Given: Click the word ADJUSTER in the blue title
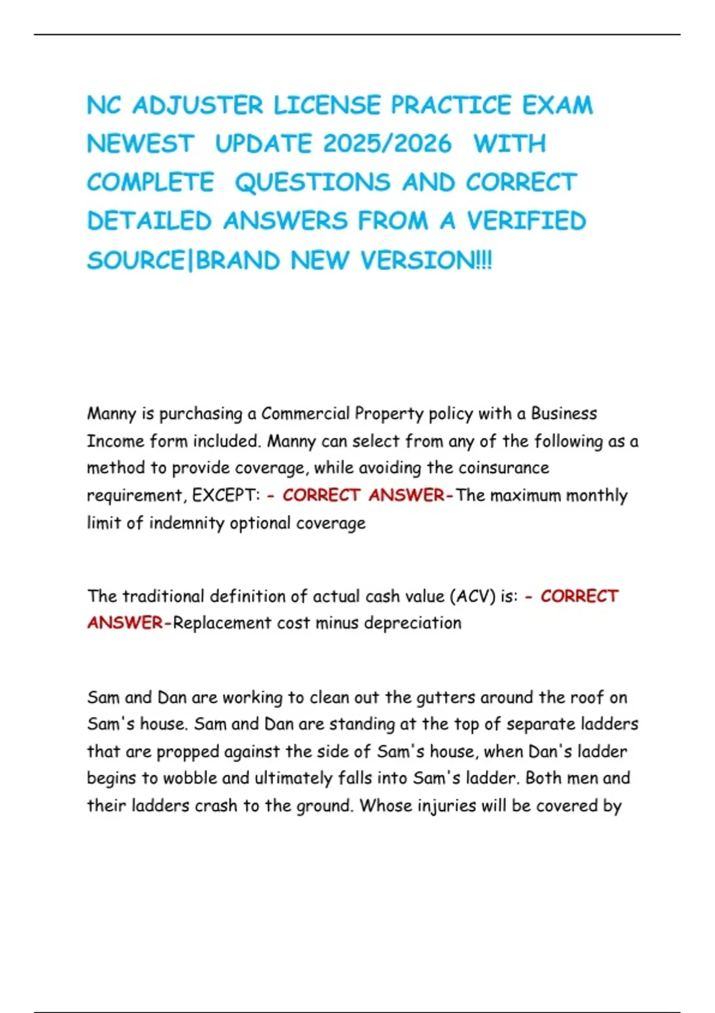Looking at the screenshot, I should [x=197, y=105].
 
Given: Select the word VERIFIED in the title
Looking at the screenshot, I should [x=527, y=221].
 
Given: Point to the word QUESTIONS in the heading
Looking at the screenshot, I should [x=313, y=183].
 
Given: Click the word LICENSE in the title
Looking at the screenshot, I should [x=327, y=105].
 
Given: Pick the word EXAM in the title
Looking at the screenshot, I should [x=558, y=105].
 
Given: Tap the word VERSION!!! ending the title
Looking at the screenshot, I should [x=426, y=260].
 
